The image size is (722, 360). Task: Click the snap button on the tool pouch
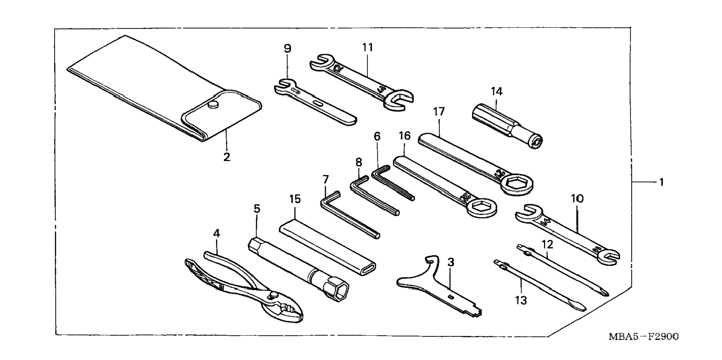coord(213,106)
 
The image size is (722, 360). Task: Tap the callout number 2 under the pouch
coord(227,157)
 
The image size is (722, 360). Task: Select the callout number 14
coord(497,91)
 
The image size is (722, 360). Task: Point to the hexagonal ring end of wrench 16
coord(482,207)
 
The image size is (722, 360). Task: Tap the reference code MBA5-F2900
coord(643,337)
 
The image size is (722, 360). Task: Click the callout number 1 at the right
coord(661,183)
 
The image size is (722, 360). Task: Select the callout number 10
coord(577,199)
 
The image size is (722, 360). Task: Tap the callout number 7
coord(326,180)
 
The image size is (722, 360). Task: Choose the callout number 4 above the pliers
coord(217,233)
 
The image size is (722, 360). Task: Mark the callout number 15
coord(295,199)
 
